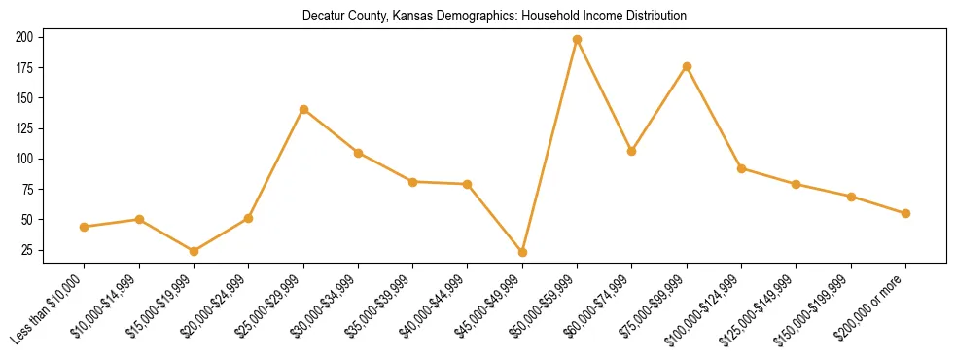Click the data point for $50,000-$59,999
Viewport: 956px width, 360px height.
(577, 39)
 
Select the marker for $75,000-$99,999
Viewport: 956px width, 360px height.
(687, 66)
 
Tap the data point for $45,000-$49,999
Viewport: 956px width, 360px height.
(522, 252)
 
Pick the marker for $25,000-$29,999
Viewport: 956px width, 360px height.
(303, 109)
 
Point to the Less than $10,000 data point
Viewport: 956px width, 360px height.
(85, 227)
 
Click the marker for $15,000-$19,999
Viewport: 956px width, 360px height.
(194, 251)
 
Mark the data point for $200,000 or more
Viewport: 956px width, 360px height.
(905, 213)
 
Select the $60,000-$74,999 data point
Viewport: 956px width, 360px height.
(632, 151)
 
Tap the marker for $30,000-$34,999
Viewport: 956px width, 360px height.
(358, 153)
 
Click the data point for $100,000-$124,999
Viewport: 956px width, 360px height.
(741, 168)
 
